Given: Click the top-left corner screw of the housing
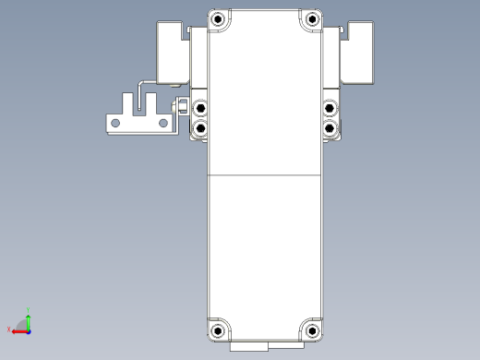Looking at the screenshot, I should pyautogui.click(x=218, y=18).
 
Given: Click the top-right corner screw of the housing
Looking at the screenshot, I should pyautogui.click(x=312, y=18).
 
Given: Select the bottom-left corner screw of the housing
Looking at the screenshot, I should pyautogui.click(x=218, y=330).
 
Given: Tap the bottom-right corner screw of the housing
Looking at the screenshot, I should pyautogui.click(x=312, y=330).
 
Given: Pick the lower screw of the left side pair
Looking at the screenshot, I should pyautogui.click(x=200, y=128).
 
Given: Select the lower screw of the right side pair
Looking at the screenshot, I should pyautogui.click(x=330, y=128).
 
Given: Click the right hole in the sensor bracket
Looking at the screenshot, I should pyautogui.click(x=163, y=122).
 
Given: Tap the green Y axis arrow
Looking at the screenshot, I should pyautogui.click(x=28, y=319).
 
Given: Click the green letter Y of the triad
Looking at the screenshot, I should pyautogui.click(x=29, y=310).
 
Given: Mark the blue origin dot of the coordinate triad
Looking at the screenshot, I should pyautogui.click(x=28, y=330).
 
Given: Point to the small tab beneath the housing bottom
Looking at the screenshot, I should pyautogui.click(x=249, y=350).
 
